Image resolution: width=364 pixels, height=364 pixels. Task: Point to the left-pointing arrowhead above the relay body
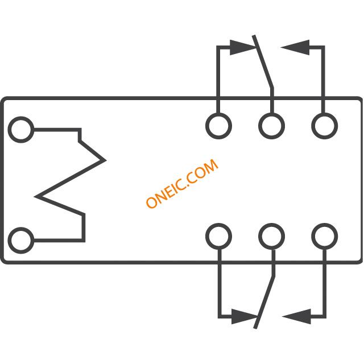pyautogui.click(x=295, y=48)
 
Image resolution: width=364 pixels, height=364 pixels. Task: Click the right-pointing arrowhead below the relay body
pyautogui.click(x=244, y=316)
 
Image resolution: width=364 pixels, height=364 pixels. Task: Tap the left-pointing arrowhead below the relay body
pyautogui.click(x=296, y=316)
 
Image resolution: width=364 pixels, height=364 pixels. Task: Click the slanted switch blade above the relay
pyautogui.click(x=263, y=62)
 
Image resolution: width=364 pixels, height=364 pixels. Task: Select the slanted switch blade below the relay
pyautogui.click(x=264, y=302)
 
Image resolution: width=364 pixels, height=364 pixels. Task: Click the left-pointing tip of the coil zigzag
pyautogui.click(x=36, y=197)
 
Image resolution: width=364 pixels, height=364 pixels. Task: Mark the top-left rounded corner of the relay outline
pyautogui.click(x=4, y=100)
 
